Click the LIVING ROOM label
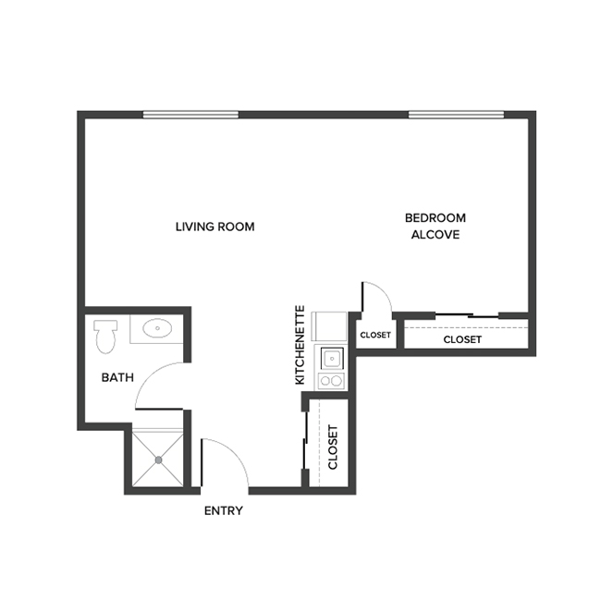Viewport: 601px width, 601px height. coord(215,227)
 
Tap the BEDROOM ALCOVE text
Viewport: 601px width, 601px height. coord(435,227)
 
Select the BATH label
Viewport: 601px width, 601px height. coord(117,377)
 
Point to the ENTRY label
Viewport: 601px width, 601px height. coord(223,510)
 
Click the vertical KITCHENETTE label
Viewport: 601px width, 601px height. coord(300,344)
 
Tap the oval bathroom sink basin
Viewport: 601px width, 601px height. coord(156,327)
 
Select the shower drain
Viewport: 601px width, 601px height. coord(158,459)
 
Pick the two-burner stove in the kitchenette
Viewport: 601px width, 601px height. coord(331,379)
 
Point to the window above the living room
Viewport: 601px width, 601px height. coord(191,115)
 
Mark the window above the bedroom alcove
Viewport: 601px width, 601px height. coord(456,115)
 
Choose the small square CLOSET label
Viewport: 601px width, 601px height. coord(375,335)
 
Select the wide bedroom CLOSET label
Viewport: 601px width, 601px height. coord(462,339)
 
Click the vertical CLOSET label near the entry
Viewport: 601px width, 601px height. coord(333,447)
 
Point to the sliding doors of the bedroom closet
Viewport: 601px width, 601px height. coord(467,316)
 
